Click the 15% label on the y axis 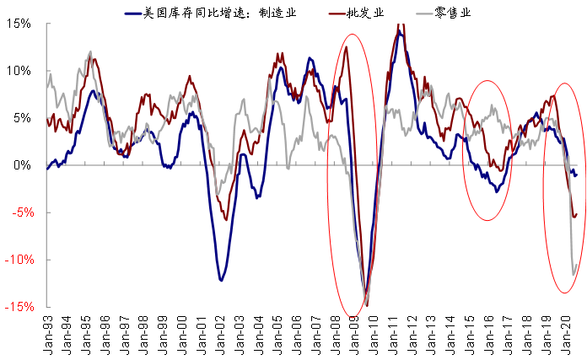point(20,24)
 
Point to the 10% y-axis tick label point(20,71)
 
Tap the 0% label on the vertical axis point(24,165)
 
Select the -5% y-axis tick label point(20,212)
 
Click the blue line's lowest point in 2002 point(221,280)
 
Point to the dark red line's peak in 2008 point(347,46)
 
